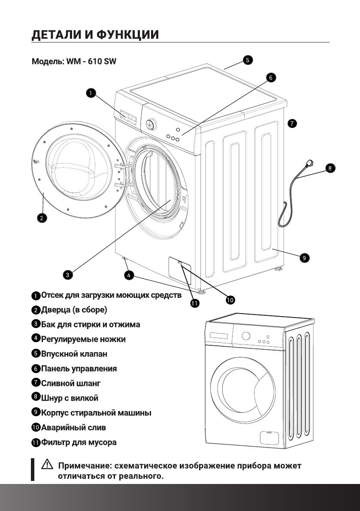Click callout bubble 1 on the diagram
pos(91,92)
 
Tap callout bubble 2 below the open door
pos(41,218)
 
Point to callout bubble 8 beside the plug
pos(330,168)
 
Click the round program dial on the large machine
pos(150,125)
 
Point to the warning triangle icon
pos(47,465)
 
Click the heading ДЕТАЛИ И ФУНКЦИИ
pos(96,34)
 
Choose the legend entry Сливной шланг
pos(71,383)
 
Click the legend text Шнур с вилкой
pos(70,398)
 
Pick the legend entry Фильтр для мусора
pos(79,442)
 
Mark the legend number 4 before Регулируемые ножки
pos(36,339)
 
